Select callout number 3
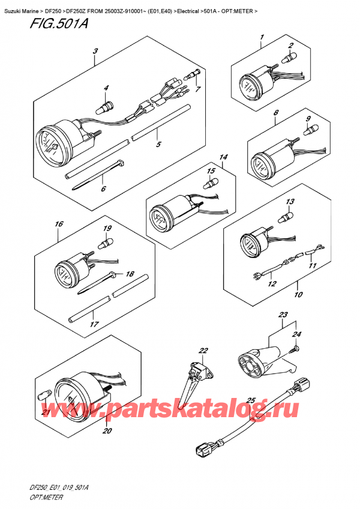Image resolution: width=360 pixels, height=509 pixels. click(95, 52)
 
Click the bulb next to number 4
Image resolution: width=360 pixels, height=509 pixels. click(106, 107)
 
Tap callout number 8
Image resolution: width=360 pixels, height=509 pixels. click(275, 113)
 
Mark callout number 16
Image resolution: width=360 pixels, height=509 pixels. click(58, 224)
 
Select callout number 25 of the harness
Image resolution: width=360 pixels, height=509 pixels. click(251, 400)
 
